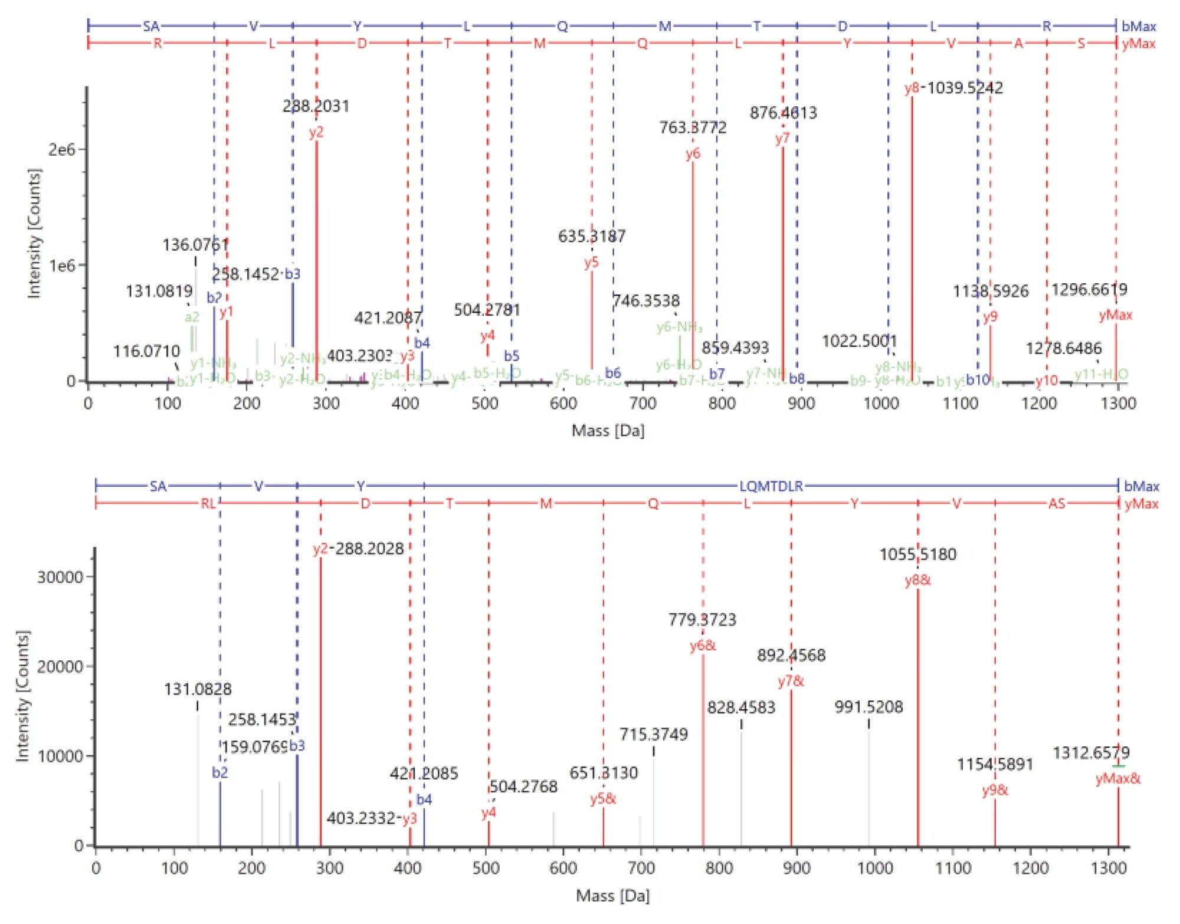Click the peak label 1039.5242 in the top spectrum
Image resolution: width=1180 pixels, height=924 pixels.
click(x=964, y=88)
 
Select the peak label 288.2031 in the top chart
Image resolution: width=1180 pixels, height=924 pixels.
click(x=316, y=106)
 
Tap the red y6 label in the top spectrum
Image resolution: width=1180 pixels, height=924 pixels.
click(x=693, y=154)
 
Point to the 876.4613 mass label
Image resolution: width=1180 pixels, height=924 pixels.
click(x=783, y=113)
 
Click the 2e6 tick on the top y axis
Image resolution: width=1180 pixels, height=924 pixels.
click(x=62, y=149)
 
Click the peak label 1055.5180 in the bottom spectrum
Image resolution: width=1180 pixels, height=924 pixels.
click(x=917, y=555)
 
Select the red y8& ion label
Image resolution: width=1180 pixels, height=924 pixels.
click(x=917, y=581)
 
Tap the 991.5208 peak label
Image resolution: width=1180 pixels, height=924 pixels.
click(x=868, y=707)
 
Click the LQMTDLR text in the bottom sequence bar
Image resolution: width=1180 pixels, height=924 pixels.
click(x=771, y=486)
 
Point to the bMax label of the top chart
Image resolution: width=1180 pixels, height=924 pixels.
click(x=1139, y=26)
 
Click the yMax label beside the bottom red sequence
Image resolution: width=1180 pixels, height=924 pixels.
click(x=1141, y=504)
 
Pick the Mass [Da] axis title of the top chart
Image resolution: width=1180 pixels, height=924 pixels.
click(x=608, y=431)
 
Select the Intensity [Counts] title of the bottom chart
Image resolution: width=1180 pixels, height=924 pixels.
click(x=22, y=696)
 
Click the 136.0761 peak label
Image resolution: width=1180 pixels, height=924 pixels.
click(x=195, y=245)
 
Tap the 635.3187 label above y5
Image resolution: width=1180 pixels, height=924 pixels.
click(x=592, y=237)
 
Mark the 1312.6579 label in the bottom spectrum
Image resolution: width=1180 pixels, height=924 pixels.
click(x=1091, y=753)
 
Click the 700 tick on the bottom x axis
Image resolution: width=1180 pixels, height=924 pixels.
click(x=641, y=868)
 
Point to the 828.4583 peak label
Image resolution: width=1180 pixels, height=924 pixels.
click(x=741, y=707)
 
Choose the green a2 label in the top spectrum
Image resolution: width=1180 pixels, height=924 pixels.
click(x=192, y=317)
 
